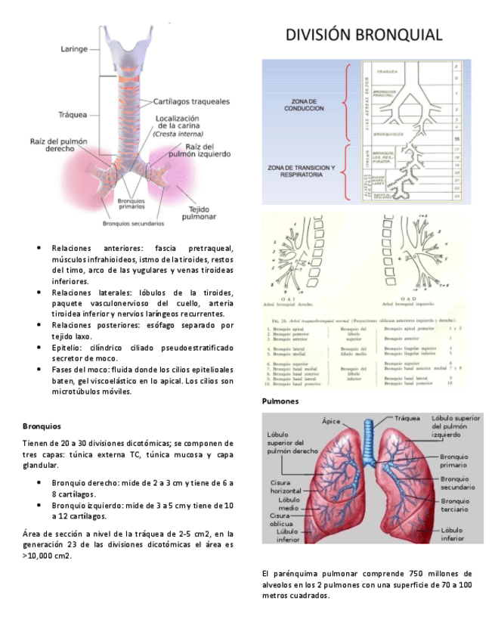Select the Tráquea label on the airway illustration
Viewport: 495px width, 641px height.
click(74, 115)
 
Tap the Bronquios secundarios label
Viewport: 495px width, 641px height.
click(133, 224)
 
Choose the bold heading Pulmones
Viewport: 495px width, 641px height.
click(280, 401)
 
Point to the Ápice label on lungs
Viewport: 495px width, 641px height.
click(331, 421)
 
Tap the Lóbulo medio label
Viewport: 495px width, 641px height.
click(289, 504)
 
